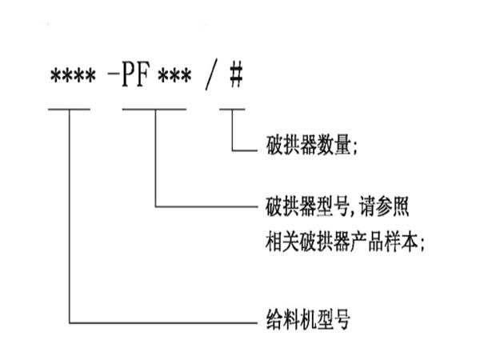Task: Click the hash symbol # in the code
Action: click(x=234, y=78)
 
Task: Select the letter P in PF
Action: click(x=130, y=78)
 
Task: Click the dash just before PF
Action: click(x=112, y=78)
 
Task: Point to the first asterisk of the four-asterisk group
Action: click(x=54, y=78)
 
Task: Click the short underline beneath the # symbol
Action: click(x=232, y=106)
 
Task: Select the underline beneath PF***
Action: click(x=154, y=106)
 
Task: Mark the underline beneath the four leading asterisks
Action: click(x=70, y=106)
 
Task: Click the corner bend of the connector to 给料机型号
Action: click(x=70, y=323)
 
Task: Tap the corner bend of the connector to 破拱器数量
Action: click(x=232, y=150)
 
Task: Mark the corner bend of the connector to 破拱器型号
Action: click(x=154, y=207)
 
